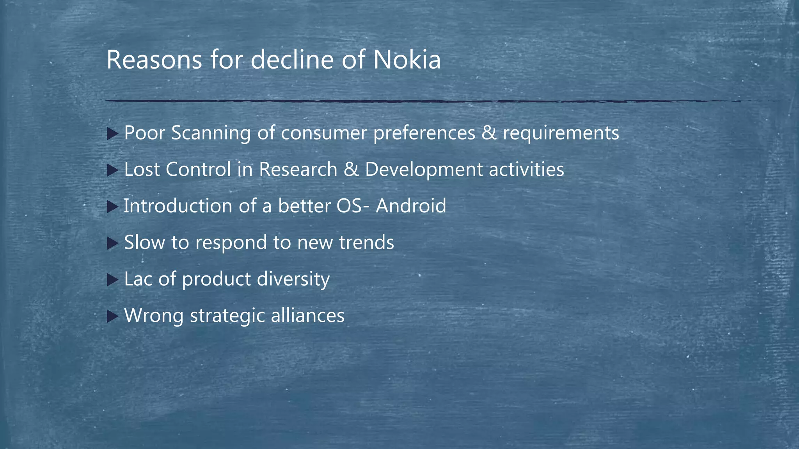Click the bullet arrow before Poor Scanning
click(112, 134)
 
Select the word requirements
click(561, 133)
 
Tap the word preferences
click(424, 133)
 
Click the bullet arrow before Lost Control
click(112, 170)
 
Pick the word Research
click(298, 170)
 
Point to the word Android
click(411, 206)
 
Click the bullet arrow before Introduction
click(112, 207)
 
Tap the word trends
click(366, 242)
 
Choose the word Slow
click(144, 242)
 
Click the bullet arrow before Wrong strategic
click(112, 316)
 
